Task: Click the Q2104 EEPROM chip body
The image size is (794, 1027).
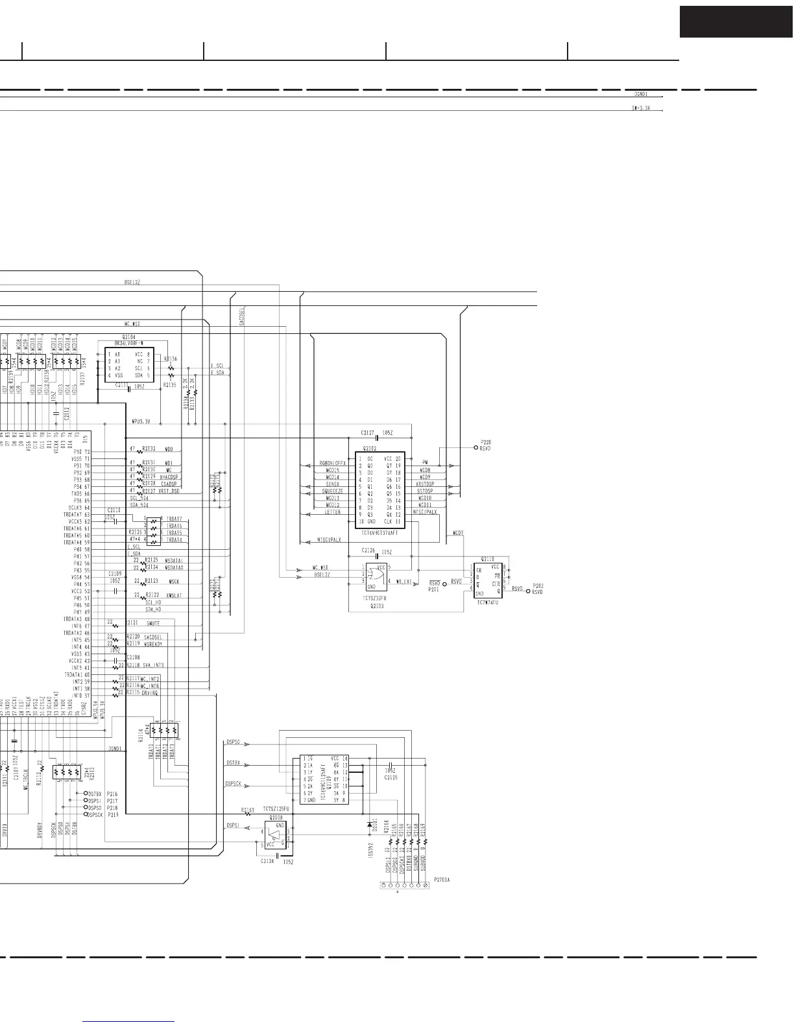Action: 129,365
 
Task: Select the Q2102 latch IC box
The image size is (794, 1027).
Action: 379,490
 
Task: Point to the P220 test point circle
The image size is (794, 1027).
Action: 475,447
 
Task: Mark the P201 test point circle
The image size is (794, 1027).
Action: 444,583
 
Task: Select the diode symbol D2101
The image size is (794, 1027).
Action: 369,825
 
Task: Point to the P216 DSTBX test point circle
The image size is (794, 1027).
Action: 86,794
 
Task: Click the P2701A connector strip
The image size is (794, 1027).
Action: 404,885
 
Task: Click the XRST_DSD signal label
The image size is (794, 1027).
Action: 169,491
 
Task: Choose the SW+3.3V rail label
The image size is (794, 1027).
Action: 640,108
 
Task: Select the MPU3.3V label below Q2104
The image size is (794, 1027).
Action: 141,421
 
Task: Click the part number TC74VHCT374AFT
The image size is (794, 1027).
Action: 381,533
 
